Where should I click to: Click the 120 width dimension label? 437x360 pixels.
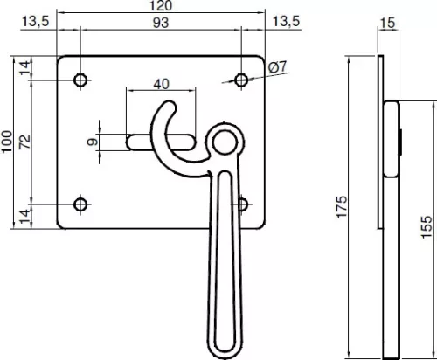tap(161, 5)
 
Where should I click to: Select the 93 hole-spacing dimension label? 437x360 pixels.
tap(161, 23)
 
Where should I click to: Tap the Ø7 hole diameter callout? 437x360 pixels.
tap(278, 67)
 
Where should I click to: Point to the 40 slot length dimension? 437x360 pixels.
tap(161, 85)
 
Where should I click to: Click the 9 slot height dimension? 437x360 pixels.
tap(93, 142)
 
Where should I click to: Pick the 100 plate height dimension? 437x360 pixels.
tap(7, 142)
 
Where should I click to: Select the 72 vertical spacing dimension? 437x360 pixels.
tap(24, 142)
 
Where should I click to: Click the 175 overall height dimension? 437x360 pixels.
tap(342, 207)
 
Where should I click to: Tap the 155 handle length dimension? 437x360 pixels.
tap(427, 227)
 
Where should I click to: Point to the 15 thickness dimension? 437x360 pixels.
tap(388, 23)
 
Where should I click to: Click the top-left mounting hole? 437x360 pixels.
tap(80, 80)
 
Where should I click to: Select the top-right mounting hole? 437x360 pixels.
tap(241, 80)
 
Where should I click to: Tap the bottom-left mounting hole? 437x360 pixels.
tap(80, 204)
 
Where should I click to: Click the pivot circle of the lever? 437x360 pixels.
tap(224, 142)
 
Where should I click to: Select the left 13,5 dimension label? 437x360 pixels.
tap(36, 22)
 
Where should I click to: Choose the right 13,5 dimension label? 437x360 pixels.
tap(286, 22)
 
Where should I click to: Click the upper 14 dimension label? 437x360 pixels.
tap(25, 67)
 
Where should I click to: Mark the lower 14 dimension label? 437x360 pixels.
tap(25, 217)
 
